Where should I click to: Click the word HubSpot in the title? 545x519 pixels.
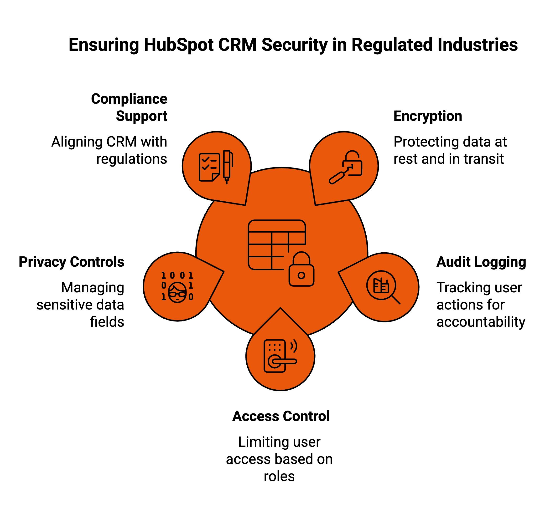pyautogui.click(x=178, y=45)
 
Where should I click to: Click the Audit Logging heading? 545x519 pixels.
pyautogui.click(x=481, y=262)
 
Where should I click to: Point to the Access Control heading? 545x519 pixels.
pyautogui.click(x=281, y=416)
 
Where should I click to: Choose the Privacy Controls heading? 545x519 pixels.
pyautogui.click(x=72, y=262)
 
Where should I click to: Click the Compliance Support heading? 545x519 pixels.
pyautogui.click(x=129, y=107)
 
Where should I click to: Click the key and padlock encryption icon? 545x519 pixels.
pyautogui.click(x=346, y=167)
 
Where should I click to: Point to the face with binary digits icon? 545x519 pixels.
pyautogui.click(x=177, y=287)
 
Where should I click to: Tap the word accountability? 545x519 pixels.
pyautogui.click(x=481, y=322)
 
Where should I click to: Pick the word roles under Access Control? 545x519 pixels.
pyautogui.click(x=279, y=476)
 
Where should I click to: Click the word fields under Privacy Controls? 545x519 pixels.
pyautogui.click(x=107, y=322)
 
